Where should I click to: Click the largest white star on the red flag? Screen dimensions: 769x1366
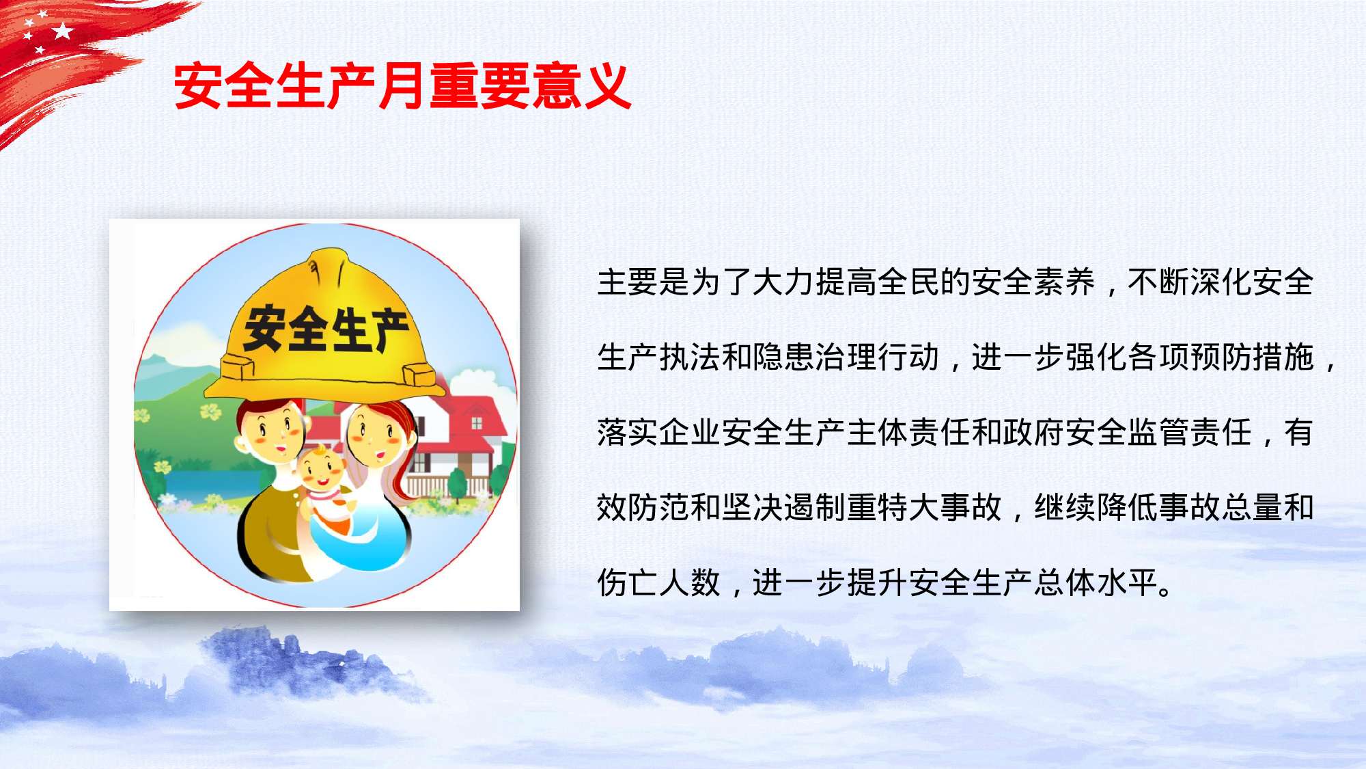(63, 31)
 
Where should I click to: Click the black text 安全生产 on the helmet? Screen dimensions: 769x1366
(326, 329)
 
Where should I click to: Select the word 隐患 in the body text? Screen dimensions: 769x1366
(783, 357)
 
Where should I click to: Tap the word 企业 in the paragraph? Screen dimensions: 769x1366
(690, 433)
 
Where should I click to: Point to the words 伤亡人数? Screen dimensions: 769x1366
(659, 583)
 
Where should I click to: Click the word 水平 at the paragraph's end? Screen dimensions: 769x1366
(1127, 583)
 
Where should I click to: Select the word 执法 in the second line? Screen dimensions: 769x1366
(690, 357)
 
